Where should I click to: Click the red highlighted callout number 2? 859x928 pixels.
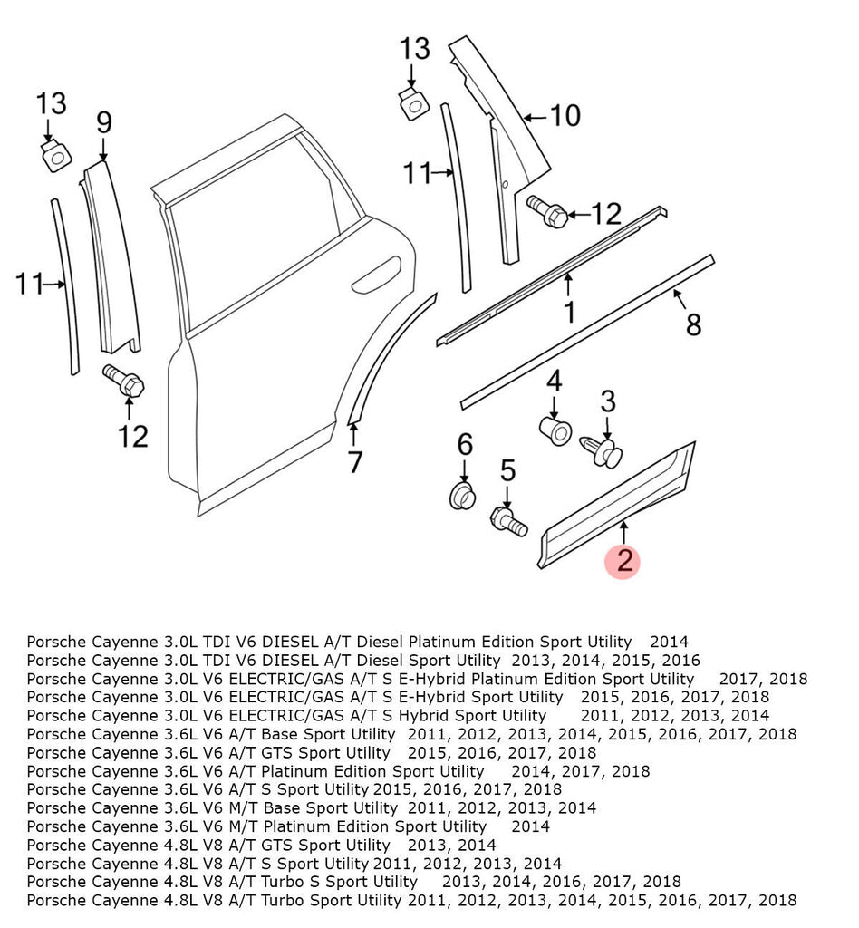(x=624, y=561)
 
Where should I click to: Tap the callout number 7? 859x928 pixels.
(x=354, y=461)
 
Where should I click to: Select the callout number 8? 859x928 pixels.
(x=693, y=324)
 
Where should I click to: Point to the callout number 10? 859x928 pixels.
(x=565, y=116)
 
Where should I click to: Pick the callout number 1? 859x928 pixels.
(x=568, y=313)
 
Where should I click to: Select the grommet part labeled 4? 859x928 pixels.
(x=553, y=430)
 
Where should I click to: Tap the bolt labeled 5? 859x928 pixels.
(x=507, y=521)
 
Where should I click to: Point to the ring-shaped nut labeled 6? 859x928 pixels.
(x=464, y=497)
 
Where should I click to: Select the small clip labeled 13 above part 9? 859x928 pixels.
(x=55, y=156)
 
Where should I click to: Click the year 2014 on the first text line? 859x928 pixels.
(x=669, y=642)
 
